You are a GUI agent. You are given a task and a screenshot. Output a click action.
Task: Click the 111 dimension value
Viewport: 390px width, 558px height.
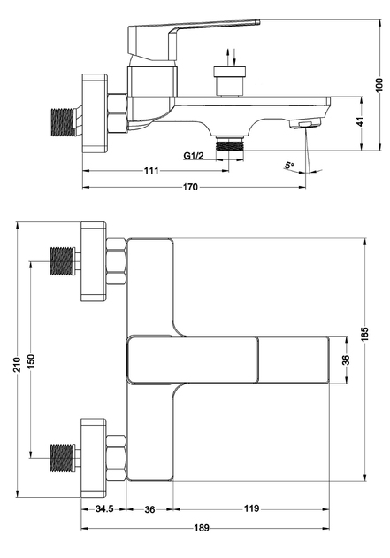[x=151, y=171]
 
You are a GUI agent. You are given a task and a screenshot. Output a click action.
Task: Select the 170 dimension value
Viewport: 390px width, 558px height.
[x=190, y=187]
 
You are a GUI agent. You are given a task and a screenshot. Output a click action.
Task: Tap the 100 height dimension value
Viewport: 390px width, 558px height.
[x=379, y=85]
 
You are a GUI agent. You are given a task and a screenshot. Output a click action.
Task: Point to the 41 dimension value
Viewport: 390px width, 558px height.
[x=361, y=121]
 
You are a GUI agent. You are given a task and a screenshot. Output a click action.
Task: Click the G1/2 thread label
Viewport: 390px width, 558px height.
[x=194, y=156]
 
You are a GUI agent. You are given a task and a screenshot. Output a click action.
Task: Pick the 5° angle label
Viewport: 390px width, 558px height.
[x=289, y=165]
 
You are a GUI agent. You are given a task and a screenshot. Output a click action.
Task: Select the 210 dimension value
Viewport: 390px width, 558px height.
[x=17, y=364]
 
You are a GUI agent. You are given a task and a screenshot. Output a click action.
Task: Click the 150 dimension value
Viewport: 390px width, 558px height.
[x=31, y=361]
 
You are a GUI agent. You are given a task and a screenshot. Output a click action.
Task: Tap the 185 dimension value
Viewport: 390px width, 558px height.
[x=364, y=333]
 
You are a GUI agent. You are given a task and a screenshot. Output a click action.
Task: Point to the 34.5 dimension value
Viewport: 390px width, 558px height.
[x=104, y=509]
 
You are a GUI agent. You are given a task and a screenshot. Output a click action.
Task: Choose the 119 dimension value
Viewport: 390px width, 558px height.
[x=251, y=508]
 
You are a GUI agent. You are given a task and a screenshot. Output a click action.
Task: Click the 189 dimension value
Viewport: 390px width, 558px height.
[x=202, y=528]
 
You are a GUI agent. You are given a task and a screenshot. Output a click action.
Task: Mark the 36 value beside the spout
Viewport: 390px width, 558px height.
[x=347, y=360]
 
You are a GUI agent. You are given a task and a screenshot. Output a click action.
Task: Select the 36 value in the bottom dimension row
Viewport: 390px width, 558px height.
[x=149, y=509]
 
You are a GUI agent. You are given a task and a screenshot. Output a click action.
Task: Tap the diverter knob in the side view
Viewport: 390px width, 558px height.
[x=230, y=81]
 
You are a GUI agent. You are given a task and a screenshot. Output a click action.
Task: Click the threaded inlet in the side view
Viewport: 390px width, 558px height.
[x=64, y=122]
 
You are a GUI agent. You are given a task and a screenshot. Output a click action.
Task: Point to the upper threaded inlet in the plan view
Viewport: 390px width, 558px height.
[x=63, y=261]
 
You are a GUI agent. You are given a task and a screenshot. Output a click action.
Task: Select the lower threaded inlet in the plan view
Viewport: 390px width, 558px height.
[x=63, y=458]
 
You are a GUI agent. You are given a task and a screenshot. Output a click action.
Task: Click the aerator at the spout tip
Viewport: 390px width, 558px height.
[x=305, y=124]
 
